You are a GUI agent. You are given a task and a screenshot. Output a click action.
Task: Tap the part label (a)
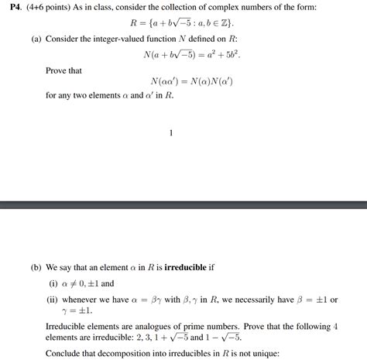[36, 39]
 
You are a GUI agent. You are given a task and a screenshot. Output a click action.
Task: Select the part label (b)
[36, 267]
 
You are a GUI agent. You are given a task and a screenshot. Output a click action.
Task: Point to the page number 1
[170, 132]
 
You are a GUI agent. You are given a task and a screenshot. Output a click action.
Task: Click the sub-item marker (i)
[53, 283]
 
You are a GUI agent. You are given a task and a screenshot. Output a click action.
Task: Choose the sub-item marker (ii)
[55, 300]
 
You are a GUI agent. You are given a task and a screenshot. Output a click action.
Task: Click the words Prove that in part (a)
[64, 71]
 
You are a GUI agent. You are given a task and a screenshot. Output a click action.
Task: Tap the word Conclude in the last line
[65, 352]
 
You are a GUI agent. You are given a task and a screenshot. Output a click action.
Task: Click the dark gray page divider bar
[183, 205]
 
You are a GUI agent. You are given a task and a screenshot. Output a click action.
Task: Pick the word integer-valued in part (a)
[115, 39]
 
